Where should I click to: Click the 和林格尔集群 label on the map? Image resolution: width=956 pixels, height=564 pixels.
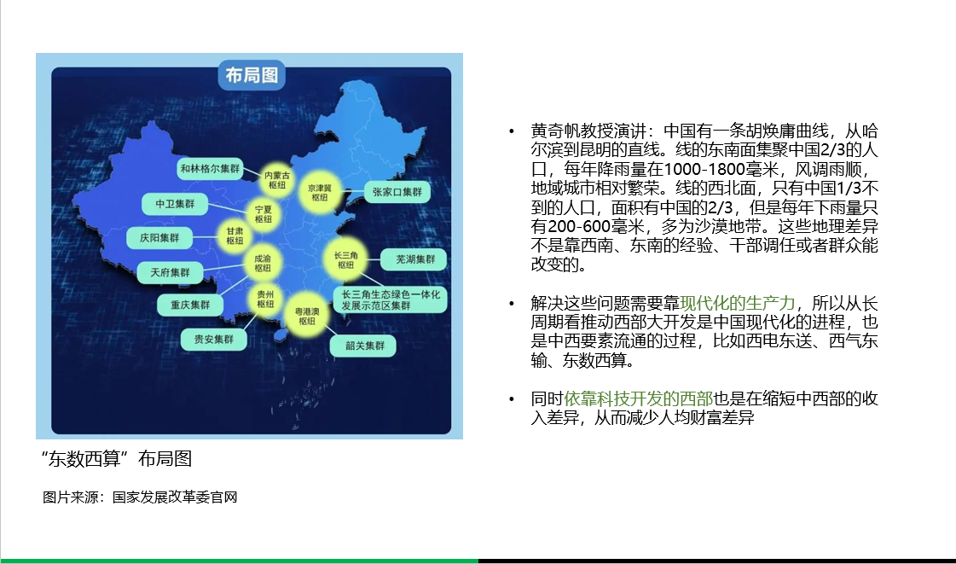tap(211, 168)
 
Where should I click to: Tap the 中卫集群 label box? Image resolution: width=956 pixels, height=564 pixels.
tap(175, 204)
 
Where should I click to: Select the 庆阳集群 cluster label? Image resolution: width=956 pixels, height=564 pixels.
tap(159, 238)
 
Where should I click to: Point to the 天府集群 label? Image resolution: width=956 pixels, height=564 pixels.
tap(170, 272)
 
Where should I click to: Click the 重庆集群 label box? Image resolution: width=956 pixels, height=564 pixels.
tap(189, 305)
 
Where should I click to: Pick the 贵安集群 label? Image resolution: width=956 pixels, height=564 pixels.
tap(213, 339)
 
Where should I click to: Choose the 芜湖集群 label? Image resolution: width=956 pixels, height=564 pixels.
tap(414, 259)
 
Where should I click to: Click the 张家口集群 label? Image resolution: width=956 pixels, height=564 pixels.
tap(397, 192)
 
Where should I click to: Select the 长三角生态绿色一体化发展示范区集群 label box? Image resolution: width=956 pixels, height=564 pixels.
tap(391, 300)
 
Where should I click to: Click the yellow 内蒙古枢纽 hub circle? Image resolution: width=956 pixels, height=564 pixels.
tap(277, 181)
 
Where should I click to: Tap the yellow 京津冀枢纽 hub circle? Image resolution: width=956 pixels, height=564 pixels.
tap(320, 193)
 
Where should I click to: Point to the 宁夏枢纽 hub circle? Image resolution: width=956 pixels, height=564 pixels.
tap(264, 214)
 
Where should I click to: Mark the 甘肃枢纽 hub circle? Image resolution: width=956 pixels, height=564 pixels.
tap(235, 236)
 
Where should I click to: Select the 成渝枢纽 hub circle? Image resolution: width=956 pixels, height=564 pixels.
tap(263, 264)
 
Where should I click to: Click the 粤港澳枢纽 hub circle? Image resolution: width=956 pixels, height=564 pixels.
tap(307, 316)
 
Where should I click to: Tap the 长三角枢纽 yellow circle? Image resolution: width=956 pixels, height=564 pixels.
tap(345, 259)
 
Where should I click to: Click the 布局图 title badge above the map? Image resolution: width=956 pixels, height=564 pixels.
tap(252, 75)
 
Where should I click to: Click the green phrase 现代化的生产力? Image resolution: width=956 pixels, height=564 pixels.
tap(738, 303)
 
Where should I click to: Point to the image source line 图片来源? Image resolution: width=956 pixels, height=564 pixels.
tap(140, 497)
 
